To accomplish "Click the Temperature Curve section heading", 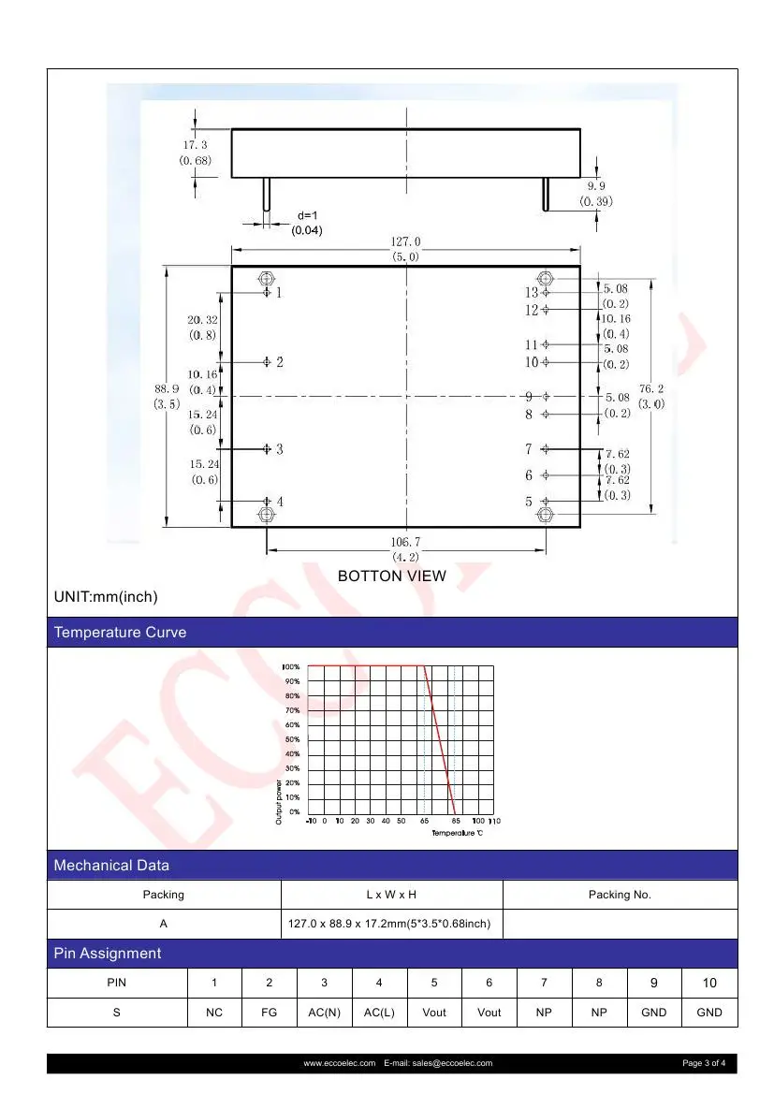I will tap(120, 633).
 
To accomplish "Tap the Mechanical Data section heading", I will tap(111, 866).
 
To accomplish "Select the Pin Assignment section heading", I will tap(108, 954).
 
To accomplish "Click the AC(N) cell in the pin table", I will tap(324, 1013).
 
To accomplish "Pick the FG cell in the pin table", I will tap(269, 1013).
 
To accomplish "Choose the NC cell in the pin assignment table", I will tap(214, 1013).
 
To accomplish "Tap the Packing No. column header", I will tap(620, 895).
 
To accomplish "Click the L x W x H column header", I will tap(391, 895).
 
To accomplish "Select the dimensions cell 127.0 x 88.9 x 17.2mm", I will tap(391, 924).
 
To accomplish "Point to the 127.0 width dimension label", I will tap(406, 242).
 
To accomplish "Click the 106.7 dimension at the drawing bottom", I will tap(406, 542).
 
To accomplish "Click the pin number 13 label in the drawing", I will tap(531, 293).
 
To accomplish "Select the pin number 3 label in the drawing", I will tap(279, 449).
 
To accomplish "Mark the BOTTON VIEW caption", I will tap(392, 576).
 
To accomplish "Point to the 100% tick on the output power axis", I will tap(291, 666).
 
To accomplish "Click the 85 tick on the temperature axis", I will tap(455, 821).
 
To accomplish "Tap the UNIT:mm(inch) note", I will tap(106, 596).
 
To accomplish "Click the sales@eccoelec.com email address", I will tap(448, 1063).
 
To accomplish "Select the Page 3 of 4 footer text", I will tap(709, 1063).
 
